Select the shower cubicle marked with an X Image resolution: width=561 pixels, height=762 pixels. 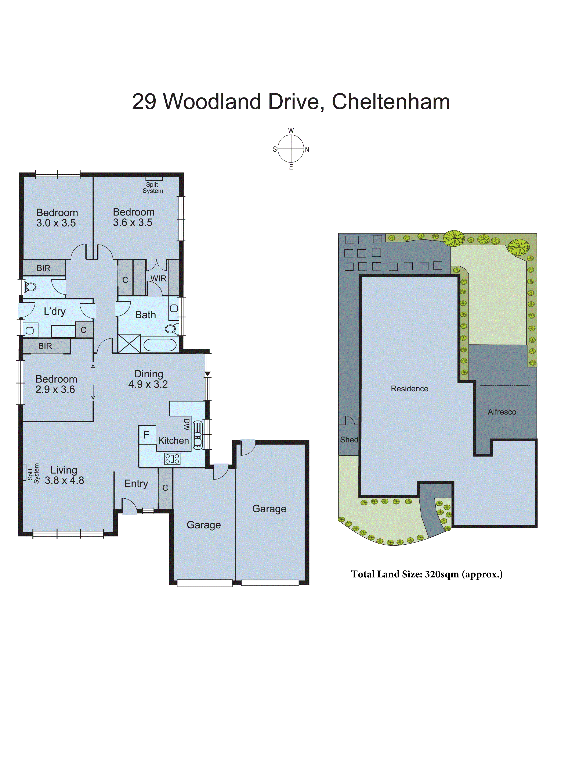click(x=129, y=343)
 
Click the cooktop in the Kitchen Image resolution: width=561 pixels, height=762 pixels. click(x=172, y=459)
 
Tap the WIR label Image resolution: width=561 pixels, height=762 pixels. click(x=158, y=279)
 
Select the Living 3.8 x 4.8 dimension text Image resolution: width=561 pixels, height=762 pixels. click(x=64, y=480)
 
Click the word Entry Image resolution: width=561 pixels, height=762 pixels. click(x=136, y=484)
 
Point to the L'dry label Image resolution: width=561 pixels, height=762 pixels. click(x=55, y=311)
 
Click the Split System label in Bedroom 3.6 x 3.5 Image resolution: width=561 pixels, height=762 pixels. click(x=153, y=188)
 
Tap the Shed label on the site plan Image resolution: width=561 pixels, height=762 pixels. click(x=349, y=440)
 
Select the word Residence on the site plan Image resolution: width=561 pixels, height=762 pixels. click(x=409, y=388)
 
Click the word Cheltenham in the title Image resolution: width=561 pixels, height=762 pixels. click(x=391, y=102)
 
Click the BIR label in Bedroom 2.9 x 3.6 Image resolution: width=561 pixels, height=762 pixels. click(x=45, y=346)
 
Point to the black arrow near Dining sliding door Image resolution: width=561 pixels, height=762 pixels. click(x=207, y=374)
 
